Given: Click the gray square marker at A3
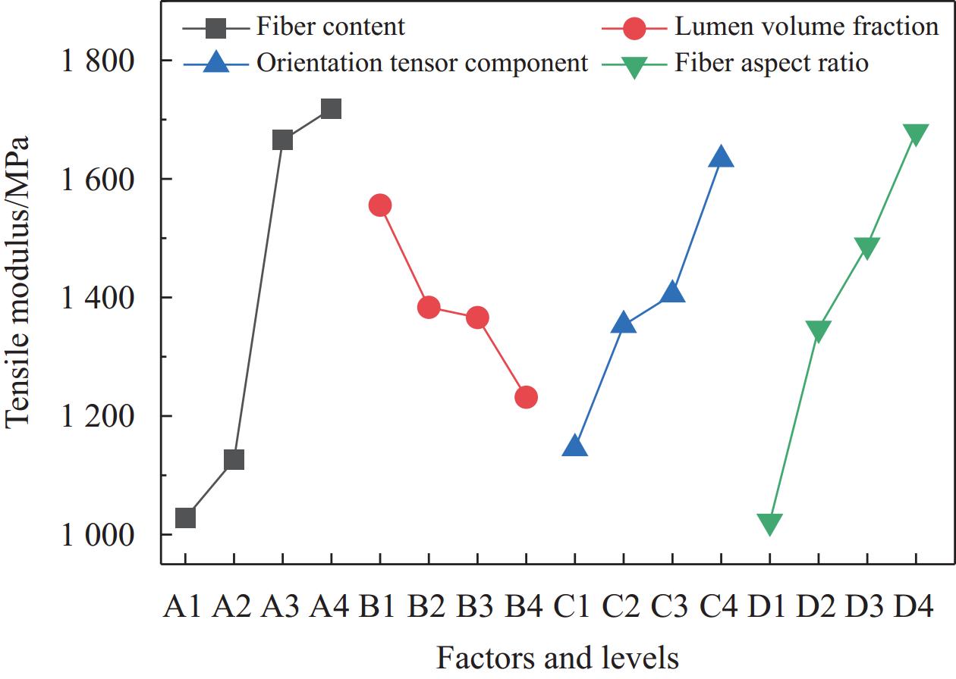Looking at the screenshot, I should (x=282, y=140).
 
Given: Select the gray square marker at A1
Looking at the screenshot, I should (x=185, y=518).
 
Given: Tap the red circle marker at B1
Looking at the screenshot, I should (x=380, y=205).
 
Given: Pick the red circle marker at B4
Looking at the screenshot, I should (x=526, y=397).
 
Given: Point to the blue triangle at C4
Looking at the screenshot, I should (x=721, y=158).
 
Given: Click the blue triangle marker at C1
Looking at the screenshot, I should (x=574, y=446).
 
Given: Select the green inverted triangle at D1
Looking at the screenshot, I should (x=769, y=524).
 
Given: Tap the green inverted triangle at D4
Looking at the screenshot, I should (x=916, y=135).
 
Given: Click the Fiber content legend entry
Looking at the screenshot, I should (x=330, y=27).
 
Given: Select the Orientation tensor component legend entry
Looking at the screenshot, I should (x=422, y=63).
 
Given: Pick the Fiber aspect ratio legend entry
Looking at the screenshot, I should (x=772, y=63).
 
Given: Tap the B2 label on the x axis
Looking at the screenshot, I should (x=429, y=608).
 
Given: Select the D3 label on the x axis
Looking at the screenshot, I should (x=866, y=608).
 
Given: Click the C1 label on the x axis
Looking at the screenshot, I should (x=574, y=608).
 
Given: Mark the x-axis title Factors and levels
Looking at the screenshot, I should (x=558, y=656).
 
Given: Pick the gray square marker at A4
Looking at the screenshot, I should (x=331, y=109).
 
